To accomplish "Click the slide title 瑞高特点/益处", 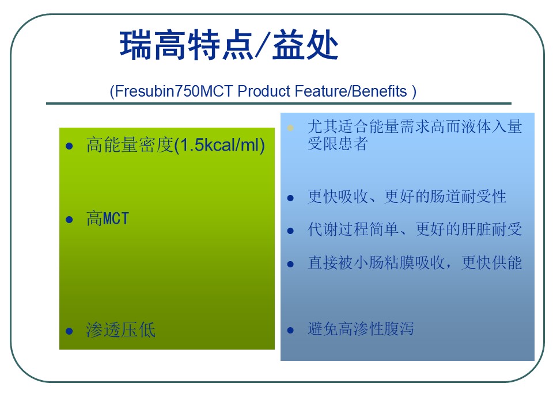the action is point(229,45).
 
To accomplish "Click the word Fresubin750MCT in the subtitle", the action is point(174,91).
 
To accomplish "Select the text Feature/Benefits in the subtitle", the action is point(351,91).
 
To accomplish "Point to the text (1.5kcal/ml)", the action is point(219,145).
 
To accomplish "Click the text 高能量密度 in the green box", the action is point(130,145).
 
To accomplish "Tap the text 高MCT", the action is point(108,218).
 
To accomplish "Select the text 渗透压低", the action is point(120,330).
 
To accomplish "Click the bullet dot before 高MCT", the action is point(70,220).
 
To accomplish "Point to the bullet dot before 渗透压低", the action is point(70,331).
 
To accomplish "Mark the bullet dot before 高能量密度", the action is point(70,146).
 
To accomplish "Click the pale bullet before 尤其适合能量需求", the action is point(290,128).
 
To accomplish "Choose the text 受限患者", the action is point(338,144).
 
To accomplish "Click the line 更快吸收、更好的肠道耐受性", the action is point(407,197).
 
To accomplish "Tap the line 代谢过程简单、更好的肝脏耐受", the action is point(415,229).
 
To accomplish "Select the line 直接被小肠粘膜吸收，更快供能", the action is point(415,263).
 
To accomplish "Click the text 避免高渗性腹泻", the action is point(361,329).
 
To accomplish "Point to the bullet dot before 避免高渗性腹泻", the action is point(290,330).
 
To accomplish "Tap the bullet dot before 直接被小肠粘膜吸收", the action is point(290,264).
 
